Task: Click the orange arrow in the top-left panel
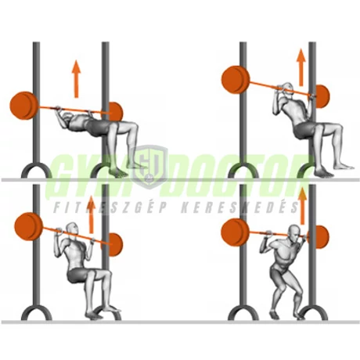[76, 77]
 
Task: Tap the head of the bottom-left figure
[74, 232]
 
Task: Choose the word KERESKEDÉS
[246, 208]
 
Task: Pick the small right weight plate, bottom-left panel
[114, 243]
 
